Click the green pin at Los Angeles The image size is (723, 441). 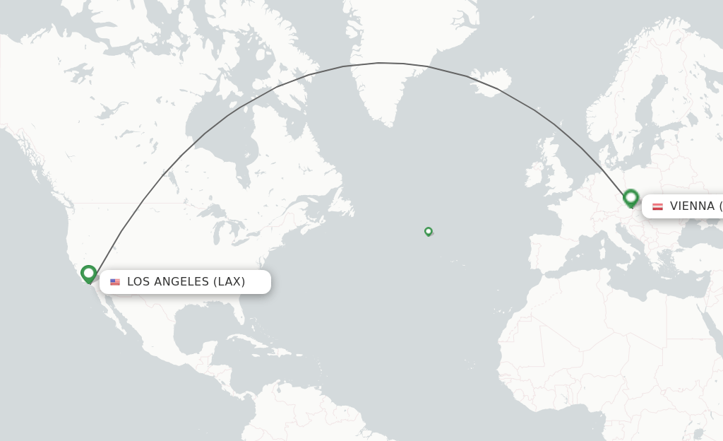click(88, 274)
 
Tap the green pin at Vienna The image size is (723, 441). click(631, 198)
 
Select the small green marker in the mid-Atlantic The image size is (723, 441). click(428, 231)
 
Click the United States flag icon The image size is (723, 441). click(115, 282)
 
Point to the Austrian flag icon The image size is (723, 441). click(657, 206)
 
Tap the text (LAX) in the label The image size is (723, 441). click(229, 282)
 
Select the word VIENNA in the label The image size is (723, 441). click(692, 206)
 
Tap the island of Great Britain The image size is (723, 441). click(558, 173)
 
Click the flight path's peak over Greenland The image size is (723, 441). click(380, 63)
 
